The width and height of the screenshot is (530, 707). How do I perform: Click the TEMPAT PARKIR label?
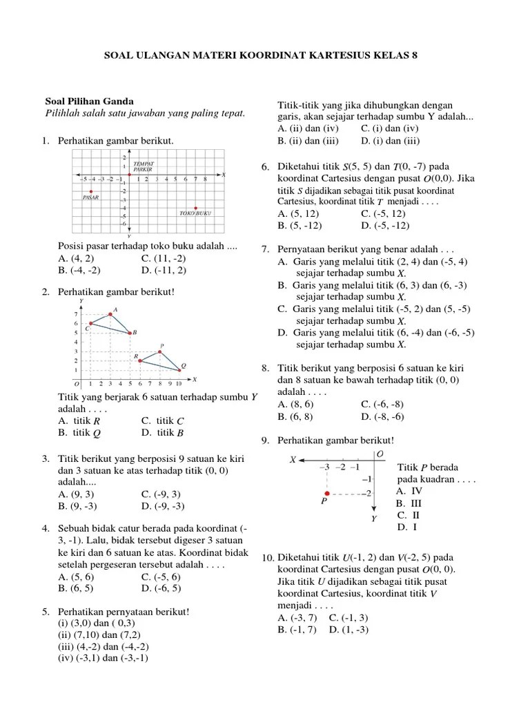(x=144, y=166)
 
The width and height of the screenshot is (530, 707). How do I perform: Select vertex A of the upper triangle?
(x=110, y=314)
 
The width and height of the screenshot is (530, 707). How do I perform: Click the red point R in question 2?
(x=140, y=360)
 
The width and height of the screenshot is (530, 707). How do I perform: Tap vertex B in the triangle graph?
(x=130, y=333)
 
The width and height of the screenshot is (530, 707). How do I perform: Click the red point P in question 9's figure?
(x=327, y=493)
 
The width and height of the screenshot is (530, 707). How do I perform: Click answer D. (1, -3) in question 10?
(x=349, y=630)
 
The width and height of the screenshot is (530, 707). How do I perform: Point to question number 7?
(x=265, y=249)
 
